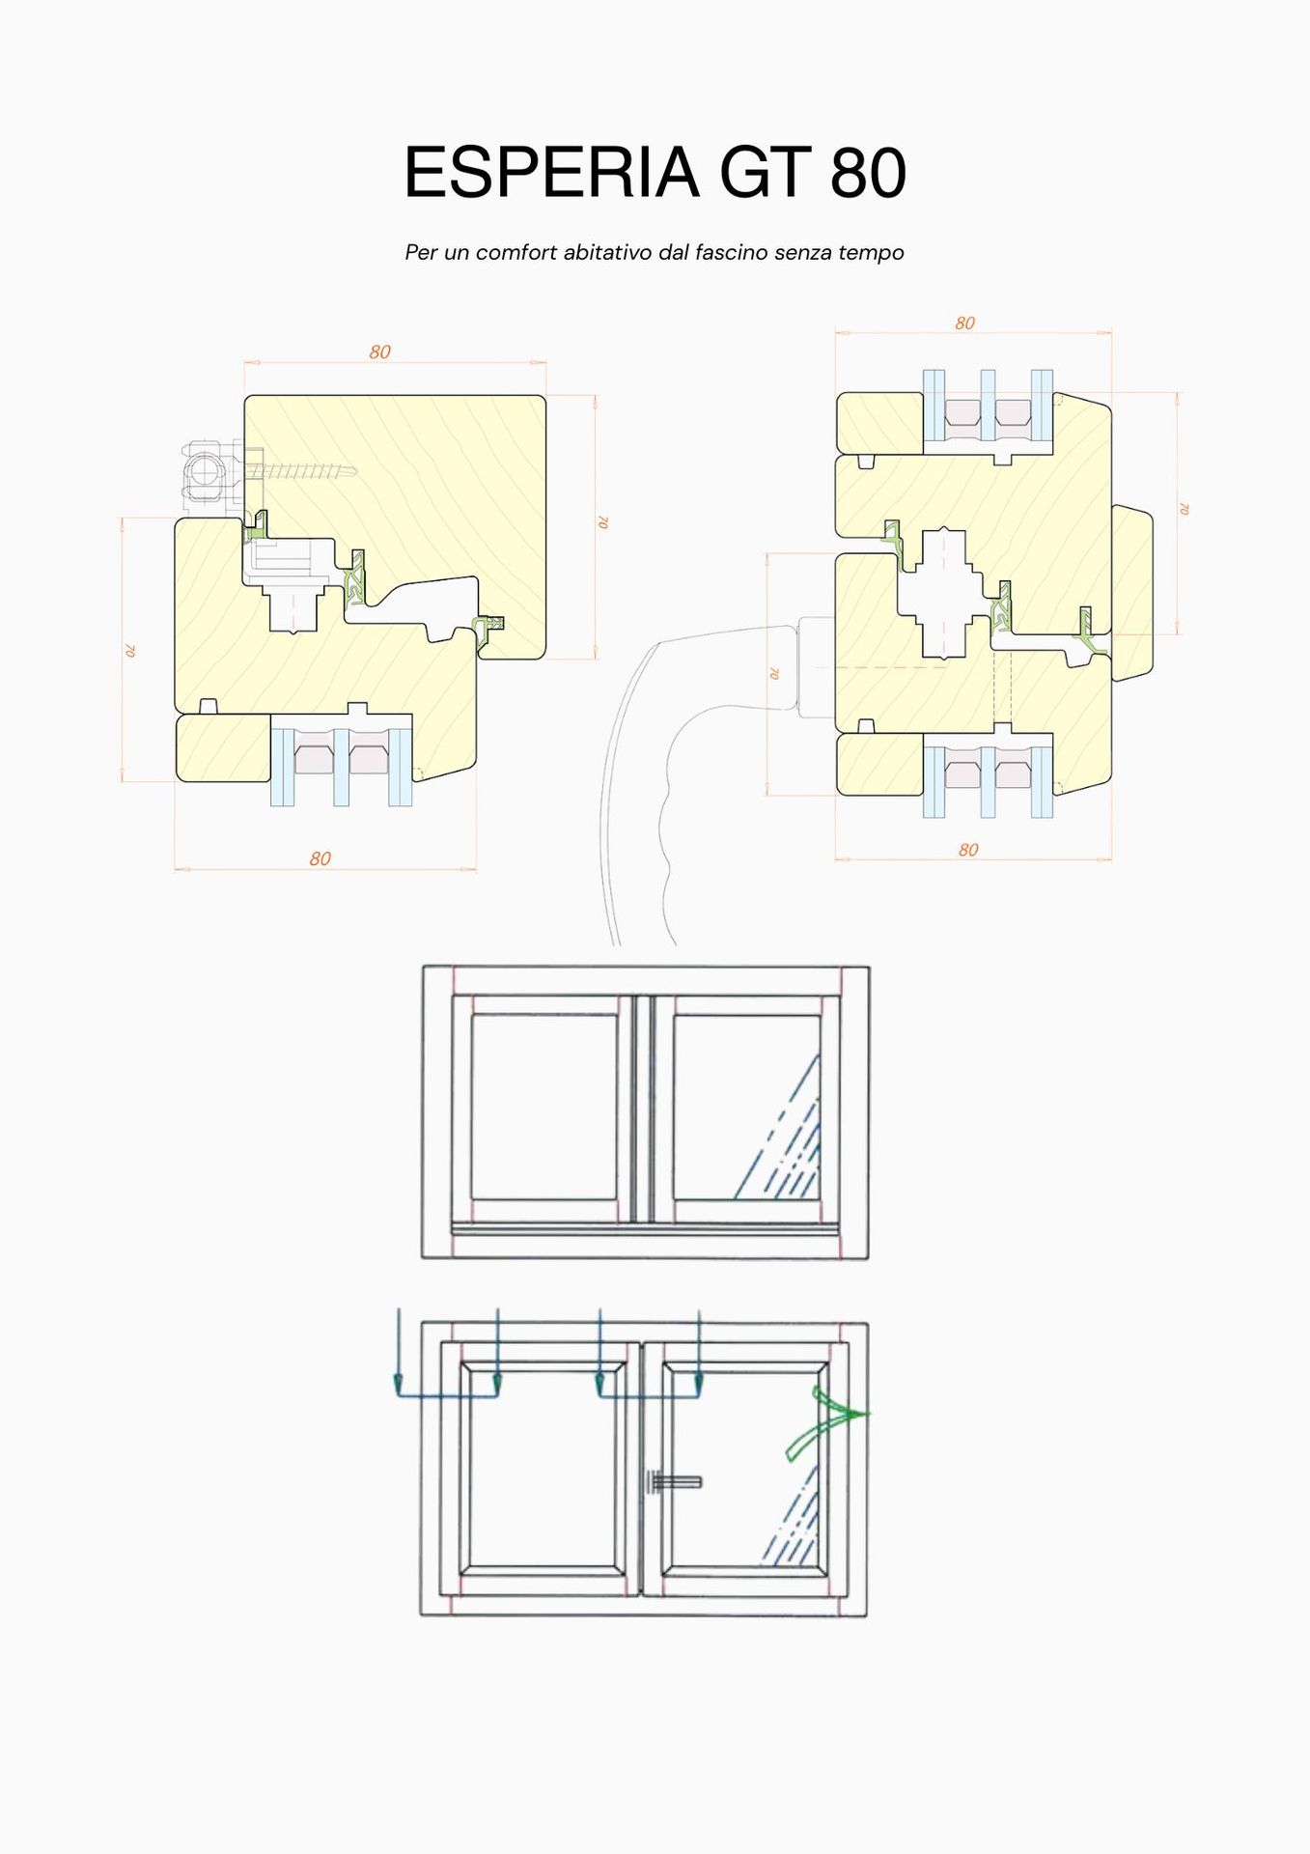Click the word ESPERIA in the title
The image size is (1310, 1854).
(551, 173)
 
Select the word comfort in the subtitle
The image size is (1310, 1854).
(516, 253)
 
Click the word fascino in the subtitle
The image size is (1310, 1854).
(731, 253)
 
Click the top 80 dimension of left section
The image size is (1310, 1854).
(380, 352)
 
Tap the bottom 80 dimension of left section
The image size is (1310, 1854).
(321, 858)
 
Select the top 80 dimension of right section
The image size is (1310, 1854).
(965, 323)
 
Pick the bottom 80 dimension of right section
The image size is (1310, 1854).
(968, 850)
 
